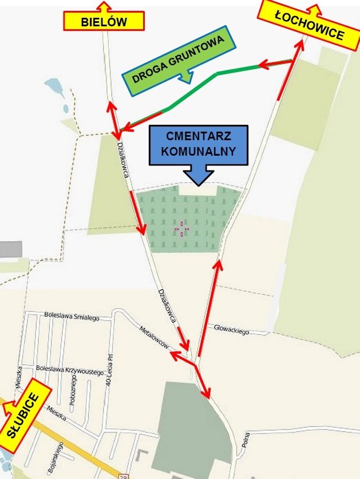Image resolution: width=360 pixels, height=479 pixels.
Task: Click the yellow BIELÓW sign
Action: (103, 22)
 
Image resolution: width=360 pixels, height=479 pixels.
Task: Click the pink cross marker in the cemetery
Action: (181, 229)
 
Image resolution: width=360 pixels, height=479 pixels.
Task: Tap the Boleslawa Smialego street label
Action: (72, 316)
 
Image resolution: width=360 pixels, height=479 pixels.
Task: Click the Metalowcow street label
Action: (155, 337)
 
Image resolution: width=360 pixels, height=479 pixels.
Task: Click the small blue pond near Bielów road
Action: (56, 89)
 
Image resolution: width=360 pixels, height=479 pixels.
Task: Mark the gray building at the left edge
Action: (10, 250)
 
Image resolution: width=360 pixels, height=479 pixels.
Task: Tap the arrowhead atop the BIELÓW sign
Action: (104, 5)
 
